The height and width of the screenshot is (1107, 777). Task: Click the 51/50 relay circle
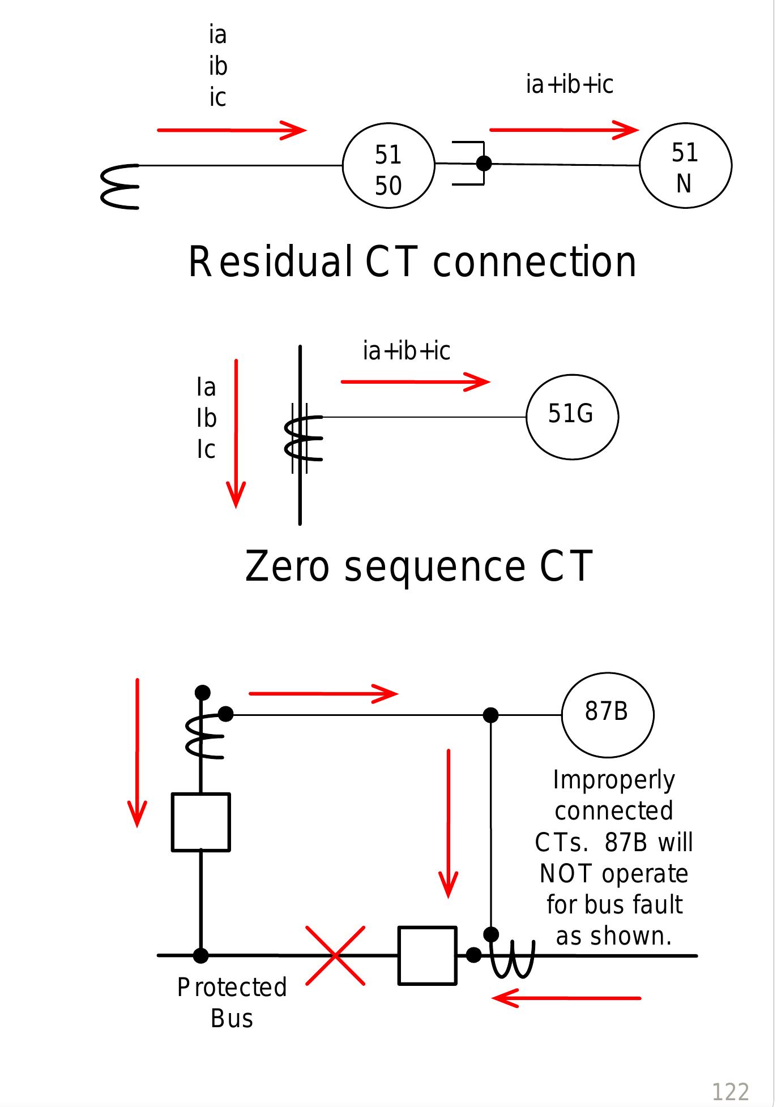(x=388, y=166)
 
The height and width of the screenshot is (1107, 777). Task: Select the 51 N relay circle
(x=685, y=166)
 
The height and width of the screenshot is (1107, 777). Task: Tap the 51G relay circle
(x=572, y=417)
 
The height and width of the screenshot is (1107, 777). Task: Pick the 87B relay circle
(x=608, y=715)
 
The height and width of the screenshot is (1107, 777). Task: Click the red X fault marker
(x=335, y=956)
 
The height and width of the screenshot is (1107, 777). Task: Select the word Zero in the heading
(x=287, y=567)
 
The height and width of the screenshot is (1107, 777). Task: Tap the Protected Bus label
(x=232, y=1003)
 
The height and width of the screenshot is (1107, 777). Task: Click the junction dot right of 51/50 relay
(x=484, y=164)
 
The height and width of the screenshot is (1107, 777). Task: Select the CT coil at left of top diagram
(x=120, y=187)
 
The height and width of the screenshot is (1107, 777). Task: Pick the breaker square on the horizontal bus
(x=427, y=956)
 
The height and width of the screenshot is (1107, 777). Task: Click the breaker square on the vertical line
(x=200, y=822)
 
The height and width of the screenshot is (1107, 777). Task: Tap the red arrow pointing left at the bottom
(x=566, y=998)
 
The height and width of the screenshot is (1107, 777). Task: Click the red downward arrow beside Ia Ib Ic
(x=236, y=433)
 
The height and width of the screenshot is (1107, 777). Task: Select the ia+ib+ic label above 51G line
(x=406, y=351)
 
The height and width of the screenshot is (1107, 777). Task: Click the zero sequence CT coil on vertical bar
(x=303, y=439)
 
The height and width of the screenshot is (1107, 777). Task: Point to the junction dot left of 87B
(x=490, y=715)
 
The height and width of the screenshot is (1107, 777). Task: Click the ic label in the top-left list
(x=217, y=97)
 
